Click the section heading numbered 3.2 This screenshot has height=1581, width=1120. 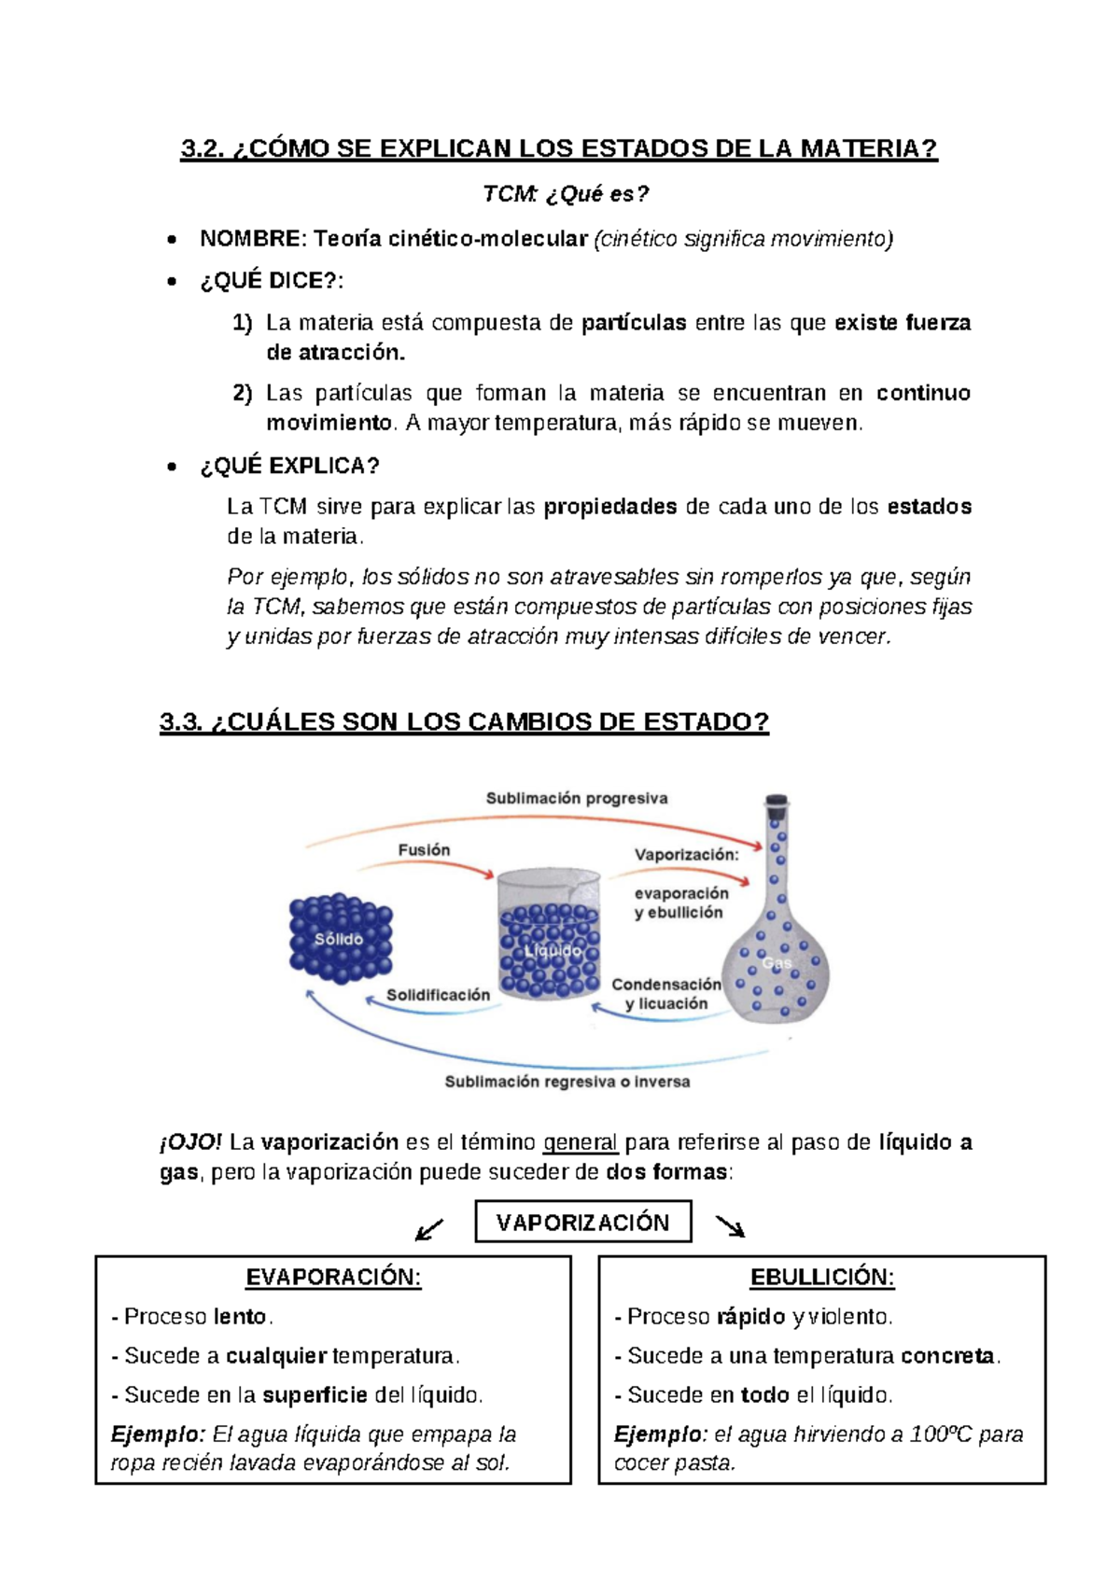tap(558, 148)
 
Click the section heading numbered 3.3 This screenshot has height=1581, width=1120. tap(464, 721)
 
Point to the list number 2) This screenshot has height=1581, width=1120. tap(243, 393)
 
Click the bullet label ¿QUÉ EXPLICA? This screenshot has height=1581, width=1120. tap(289, 466)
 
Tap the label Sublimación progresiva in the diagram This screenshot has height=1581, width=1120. tap(576, 798)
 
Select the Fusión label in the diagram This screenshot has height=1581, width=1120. tap(424, 850)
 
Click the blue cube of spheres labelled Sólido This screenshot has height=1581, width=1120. tap(341, 938)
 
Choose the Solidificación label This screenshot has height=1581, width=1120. tap(438, 995)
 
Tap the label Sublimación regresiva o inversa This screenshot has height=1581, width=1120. tap(567, 1082)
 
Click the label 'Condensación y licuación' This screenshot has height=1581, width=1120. tap(665, 994)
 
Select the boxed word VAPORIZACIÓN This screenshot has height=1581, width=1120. tap(582, 1223)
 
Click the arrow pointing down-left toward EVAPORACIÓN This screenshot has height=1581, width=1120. tap(428, 1230)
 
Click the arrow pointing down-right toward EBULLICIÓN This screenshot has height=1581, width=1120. tap(730, 1226)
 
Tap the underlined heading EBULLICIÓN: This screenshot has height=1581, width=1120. tap(821, 1278)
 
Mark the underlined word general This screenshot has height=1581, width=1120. tap(580, 1142)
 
